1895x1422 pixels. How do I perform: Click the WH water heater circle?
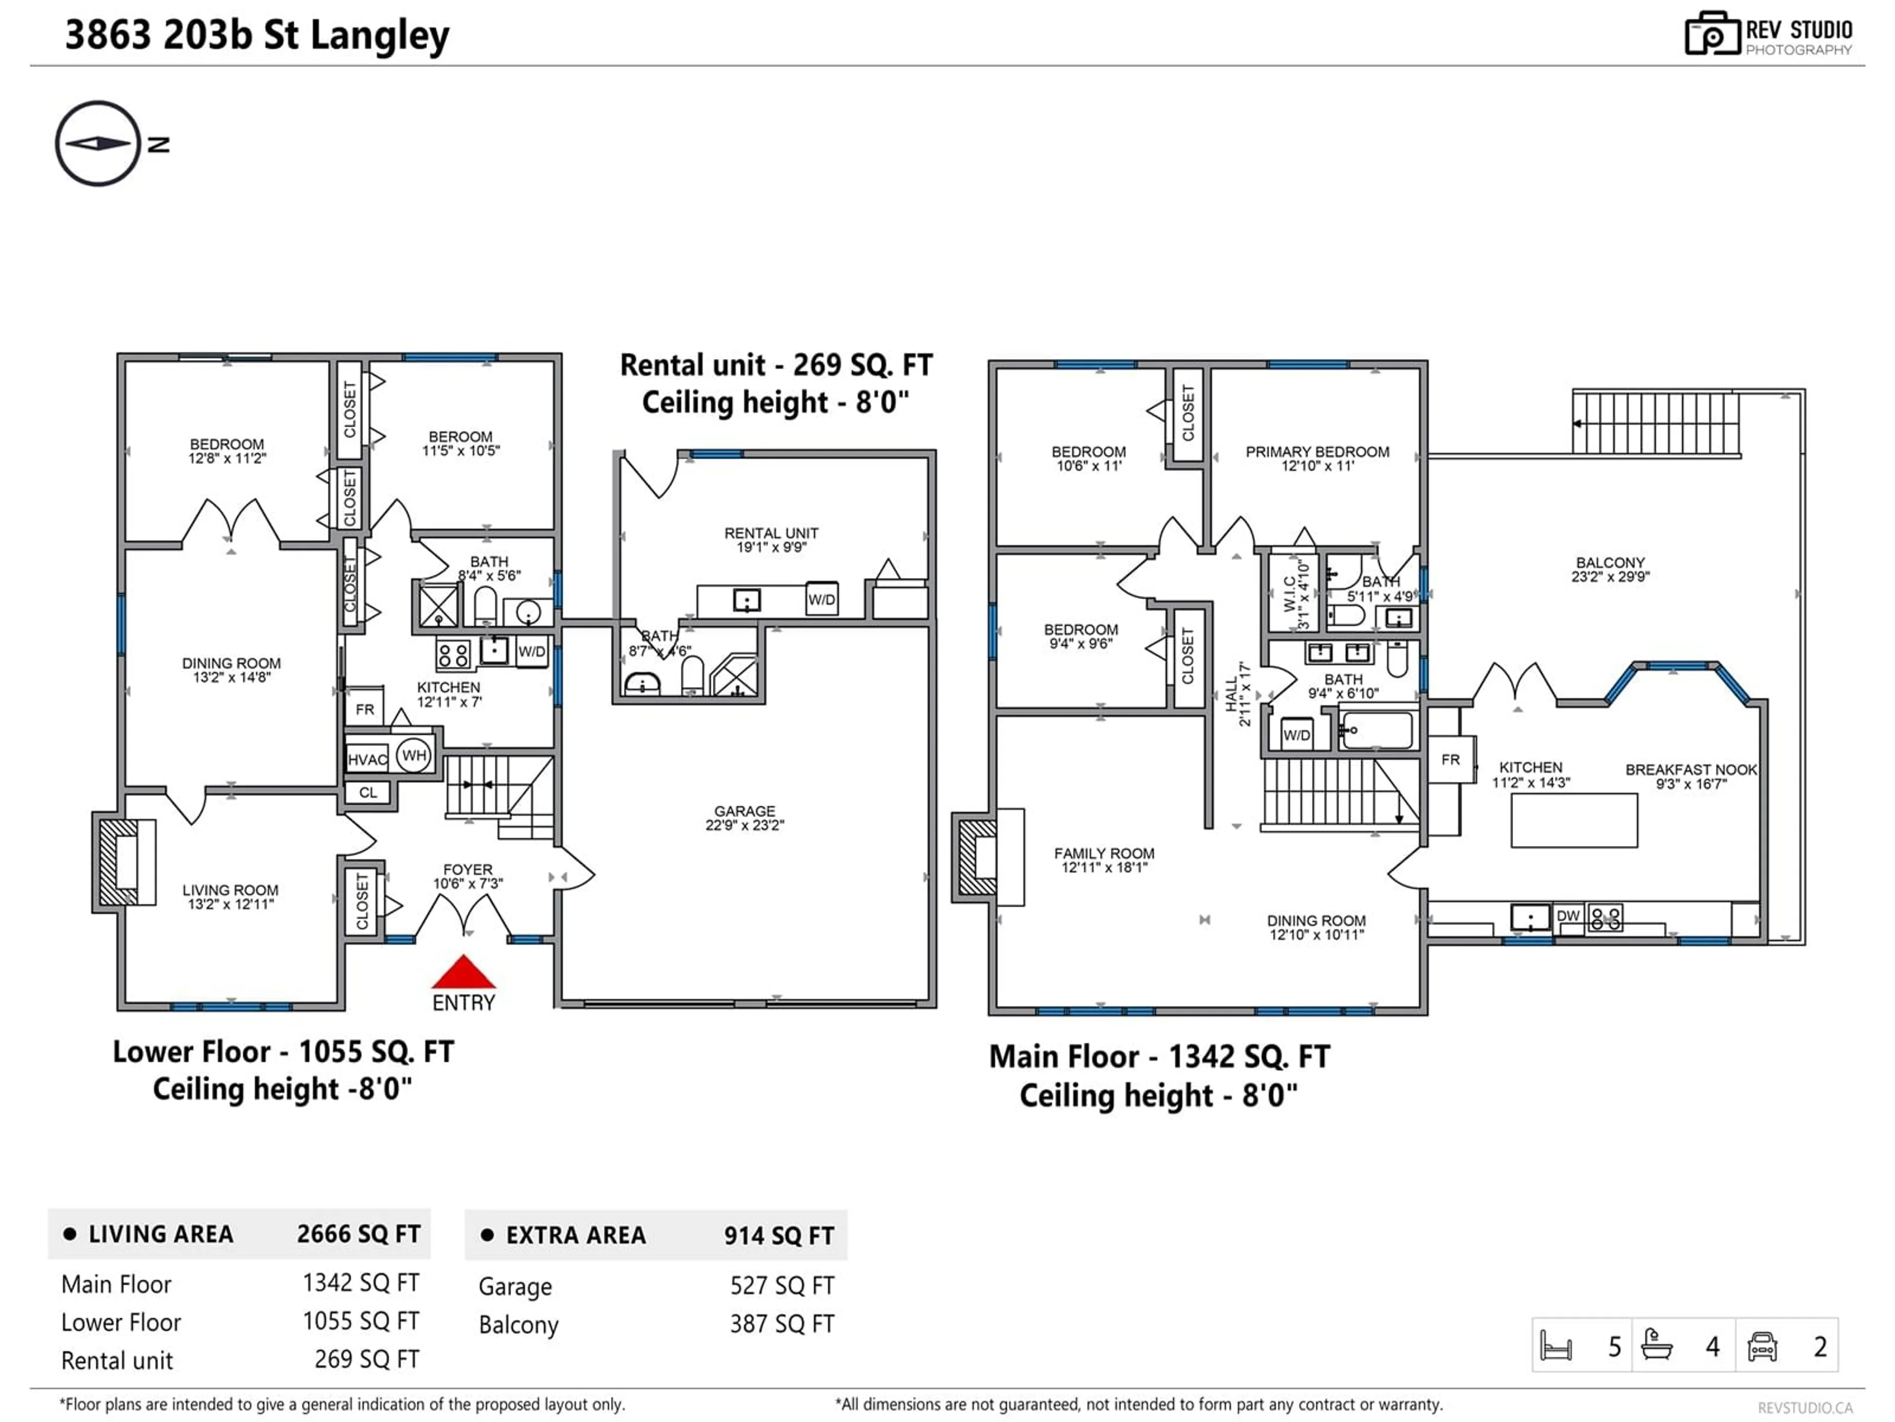[414, 755]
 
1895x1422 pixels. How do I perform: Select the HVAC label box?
[368, 758]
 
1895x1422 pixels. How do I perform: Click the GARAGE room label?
[745, 817]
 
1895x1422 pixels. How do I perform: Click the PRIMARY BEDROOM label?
[1317, 458]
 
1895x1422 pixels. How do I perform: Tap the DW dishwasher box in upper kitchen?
[1568, 915]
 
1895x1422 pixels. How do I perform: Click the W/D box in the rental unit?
[821, 599]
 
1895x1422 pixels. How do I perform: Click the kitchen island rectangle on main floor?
[1574, 820]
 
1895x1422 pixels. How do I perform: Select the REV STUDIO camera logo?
[1711, 34]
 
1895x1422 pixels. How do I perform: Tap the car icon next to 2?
[1761, 1345]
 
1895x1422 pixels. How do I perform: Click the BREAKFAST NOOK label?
[1690, 776]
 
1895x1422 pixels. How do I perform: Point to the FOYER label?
[468, 875]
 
